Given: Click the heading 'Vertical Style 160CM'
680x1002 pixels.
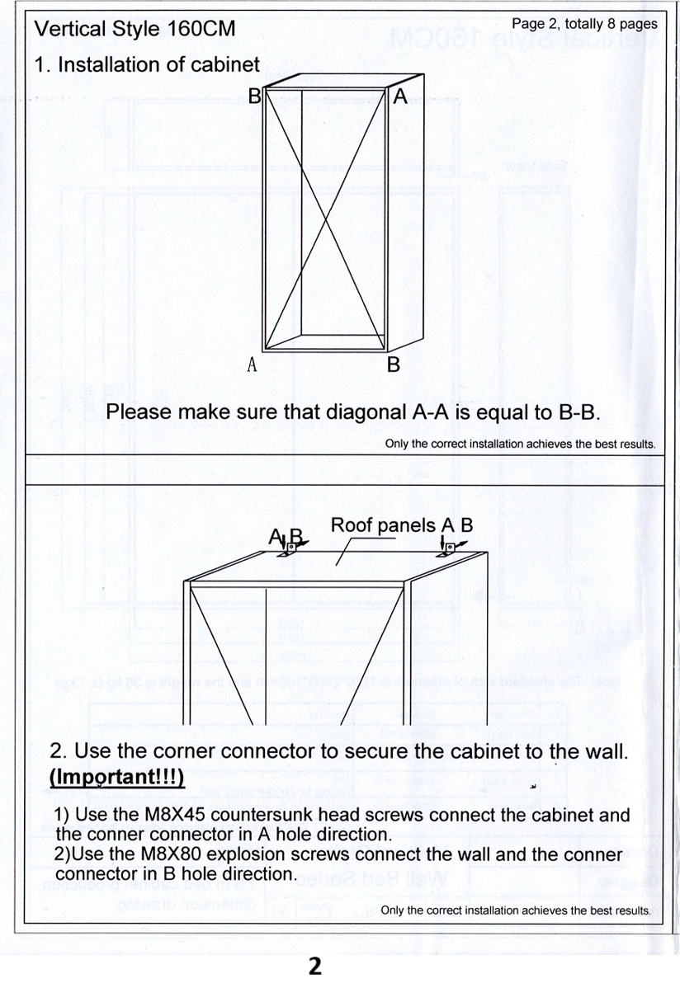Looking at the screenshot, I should click(x=135, y=30).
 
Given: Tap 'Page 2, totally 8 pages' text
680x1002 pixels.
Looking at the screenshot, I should click(x=584, y=24).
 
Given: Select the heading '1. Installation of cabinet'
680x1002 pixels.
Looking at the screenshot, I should click(x=147, y=64).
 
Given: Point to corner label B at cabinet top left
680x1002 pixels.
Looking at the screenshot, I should click(x=254, y=96).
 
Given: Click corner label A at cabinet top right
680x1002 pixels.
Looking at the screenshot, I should click(x=400, y=96).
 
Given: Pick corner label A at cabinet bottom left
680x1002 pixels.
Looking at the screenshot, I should click(x=253, y=364).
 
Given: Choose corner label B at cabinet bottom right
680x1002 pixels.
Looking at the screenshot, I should click(x=394, y=364).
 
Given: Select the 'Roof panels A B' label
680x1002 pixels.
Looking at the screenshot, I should click(x=401, y=525).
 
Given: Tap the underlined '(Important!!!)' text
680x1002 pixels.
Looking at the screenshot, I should click(x=116, y=778).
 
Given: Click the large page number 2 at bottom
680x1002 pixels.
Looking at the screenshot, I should click(x=314, y=966).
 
